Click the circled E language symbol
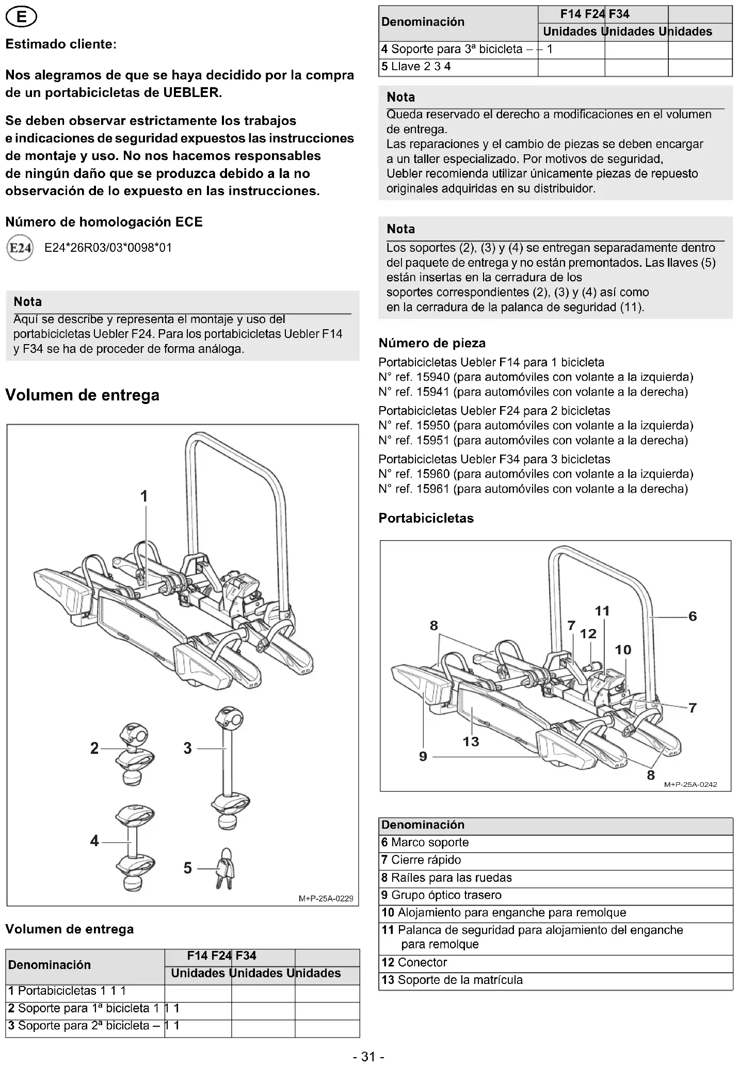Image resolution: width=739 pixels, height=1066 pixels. [21, 18]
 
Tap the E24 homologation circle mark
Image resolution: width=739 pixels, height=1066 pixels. [20, 248]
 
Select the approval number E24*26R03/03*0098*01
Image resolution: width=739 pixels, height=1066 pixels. [108, 248]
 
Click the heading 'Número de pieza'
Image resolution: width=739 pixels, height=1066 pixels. [432, 343]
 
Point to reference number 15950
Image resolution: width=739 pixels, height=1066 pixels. [433, 426]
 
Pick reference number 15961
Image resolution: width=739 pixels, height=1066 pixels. [433, 489]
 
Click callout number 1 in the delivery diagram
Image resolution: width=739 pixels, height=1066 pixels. [144, 496]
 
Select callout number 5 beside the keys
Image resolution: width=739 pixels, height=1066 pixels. [188, 868]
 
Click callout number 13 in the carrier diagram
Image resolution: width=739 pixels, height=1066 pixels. [471, 741]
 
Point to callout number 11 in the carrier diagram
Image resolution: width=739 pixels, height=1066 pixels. [602, 611]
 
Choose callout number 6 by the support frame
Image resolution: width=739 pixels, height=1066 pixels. [693, 616]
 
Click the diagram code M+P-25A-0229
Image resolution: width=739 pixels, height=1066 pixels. [326, 899]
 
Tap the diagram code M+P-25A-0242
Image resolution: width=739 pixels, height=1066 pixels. [690, 785]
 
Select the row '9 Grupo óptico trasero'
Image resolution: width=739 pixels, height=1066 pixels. [441, 895]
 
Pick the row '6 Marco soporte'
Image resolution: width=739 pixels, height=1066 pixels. [425, 843]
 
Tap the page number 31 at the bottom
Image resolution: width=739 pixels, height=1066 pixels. [368, 1057]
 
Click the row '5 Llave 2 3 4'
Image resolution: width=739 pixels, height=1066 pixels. [416, 67]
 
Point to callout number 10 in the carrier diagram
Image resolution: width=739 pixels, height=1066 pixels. [623, 650]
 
